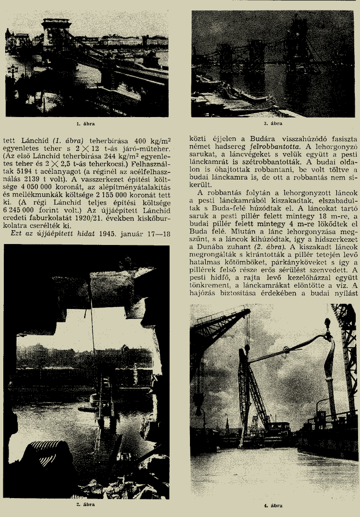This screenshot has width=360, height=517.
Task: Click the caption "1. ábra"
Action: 86,125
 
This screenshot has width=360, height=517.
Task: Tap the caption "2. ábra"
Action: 86,505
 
